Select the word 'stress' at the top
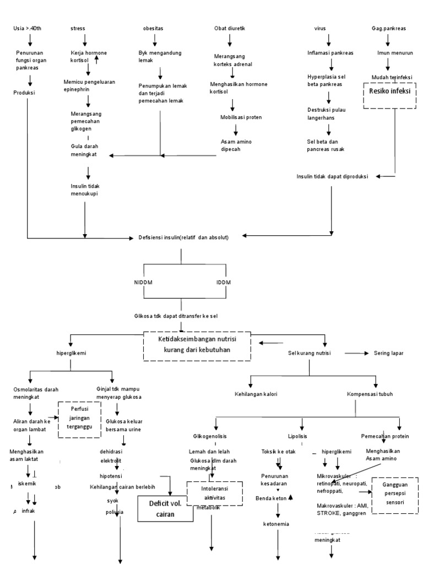tap(78, 28)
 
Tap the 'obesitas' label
tap(153, 28)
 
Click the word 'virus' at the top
tap(320, 28)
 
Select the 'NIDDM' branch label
tap(143, 283)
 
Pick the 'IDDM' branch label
tap(223, 283)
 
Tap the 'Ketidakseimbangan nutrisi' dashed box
tap(197, 346)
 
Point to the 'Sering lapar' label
tap(389, 353)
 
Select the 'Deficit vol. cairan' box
tap(162, 507)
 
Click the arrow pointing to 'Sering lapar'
tap(358, 353)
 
